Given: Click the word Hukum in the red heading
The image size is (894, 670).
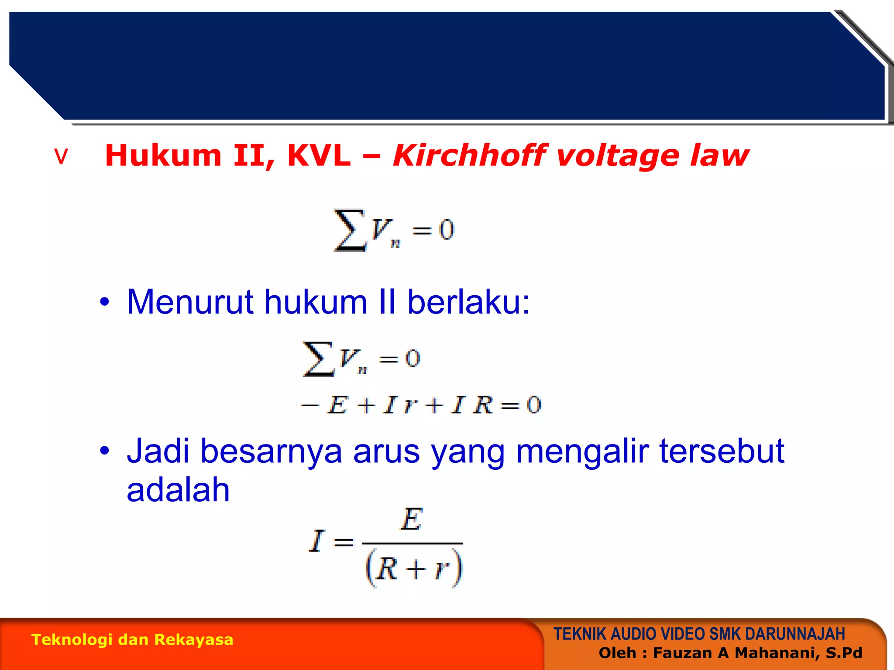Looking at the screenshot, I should point(163,156).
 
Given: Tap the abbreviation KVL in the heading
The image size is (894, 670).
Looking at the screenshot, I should point(319,156).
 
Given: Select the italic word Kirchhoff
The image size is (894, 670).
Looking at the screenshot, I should point(469,156).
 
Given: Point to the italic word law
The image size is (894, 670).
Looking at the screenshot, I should point(719,156).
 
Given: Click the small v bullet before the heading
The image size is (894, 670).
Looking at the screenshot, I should point(62,157).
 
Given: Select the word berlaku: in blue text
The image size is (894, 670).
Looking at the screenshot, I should point(468,302).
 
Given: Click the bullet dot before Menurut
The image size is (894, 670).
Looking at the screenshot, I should point(104,302).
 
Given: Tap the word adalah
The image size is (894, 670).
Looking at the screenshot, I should point(178,489).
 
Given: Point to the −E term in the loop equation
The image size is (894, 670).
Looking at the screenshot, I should point(325,405).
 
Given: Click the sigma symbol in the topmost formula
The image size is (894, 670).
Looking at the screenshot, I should point(349,230).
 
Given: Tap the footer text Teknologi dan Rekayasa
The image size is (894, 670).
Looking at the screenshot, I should point(132,639).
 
